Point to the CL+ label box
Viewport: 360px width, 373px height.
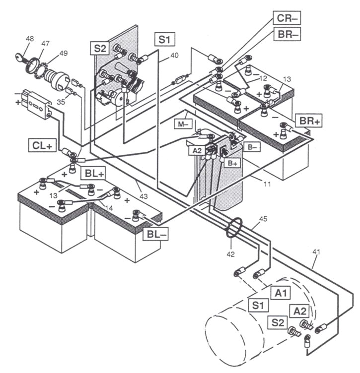point(42,144)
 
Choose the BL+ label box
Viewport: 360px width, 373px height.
point(94,173)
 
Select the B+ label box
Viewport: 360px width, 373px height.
point(232,163)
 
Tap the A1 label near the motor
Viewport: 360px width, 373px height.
point(282,293)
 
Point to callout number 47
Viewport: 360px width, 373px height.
point(45,44)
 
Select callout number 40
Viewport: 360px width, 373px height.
point(174,56)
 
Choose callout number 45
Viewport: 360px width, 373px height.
point(264,219)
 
